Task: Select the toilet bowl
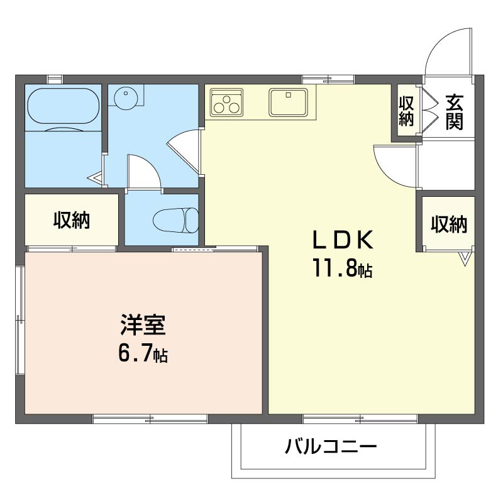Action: (x=175, y=220)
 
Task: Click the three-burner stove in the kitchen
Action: (x=227, y=102)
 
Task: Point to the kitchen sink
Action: (x=288, y=102)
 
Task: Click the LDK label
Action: (x=343, y=240)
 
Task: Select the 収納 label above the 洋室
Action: (x=71, y=221)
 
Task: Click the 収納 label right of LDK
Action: (x=448, y=224)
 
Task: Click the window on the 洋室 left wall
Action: (x=19, y=321)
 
